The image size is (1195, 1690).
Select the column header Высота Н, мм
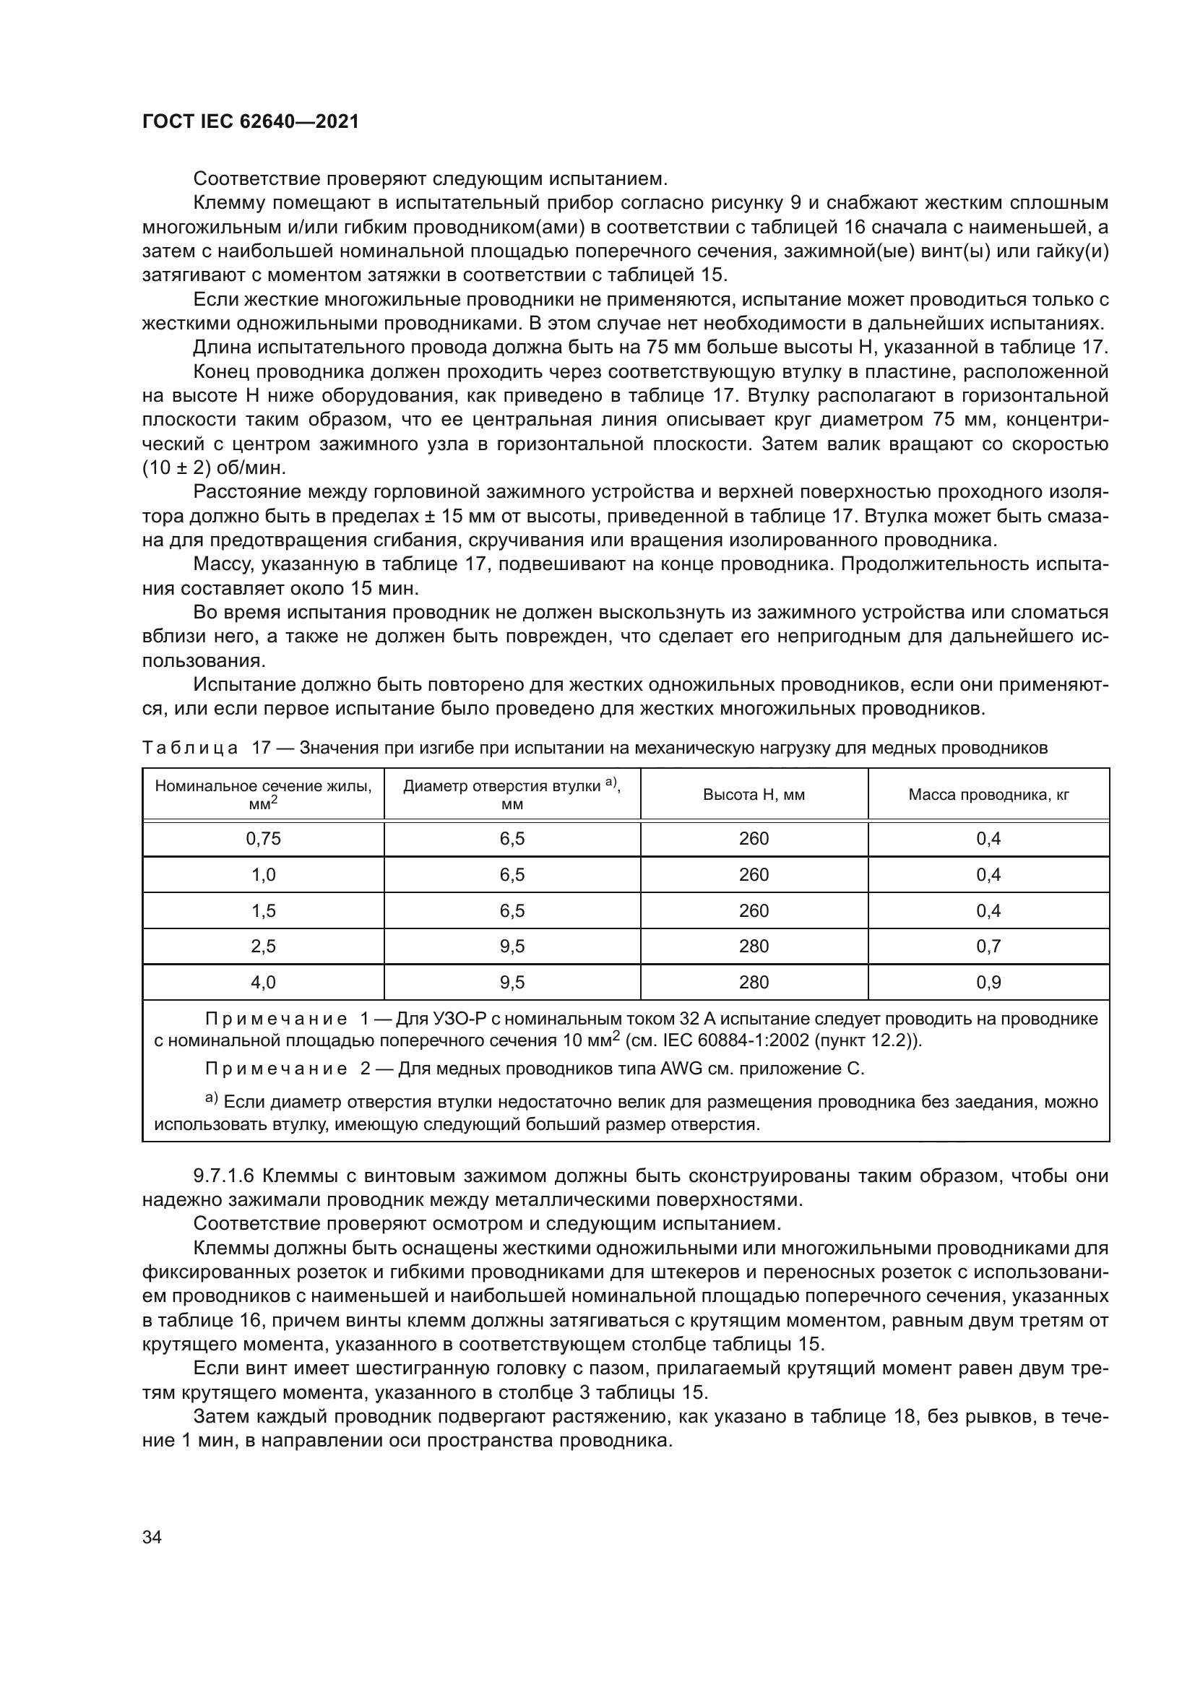(x=754, y=794)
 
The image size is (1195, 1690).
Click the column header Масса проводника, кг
(x=988, y=794)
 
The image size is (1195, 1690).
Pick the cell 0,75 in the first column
(x=263, y=838)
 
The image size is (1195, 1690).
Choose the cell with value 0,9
(x=988, y=982)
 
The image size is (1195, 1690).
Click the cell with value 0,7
(x=988, y=946)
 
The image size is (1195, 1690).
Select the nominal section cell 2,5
(x=263, y=946)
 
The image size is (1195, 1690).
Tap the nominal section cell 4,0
(x=263, y=982)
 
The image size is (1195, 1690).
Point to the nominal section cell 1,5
(x=263, y=910)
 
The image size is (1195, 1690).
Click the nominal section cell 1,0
(x=263, y=874)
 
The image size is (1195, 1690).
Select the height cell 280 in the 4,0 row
(x=754, y=982)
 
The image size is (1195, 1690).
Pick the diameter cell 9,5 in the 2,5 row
(x=512, y=946)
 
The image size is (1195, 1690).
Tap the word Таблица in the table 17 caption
(x=190, y=749)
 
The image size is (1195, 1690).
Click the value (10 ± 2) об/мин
(x=213, y=468)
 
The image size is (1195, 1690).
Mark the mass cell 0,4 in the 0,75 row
(x=988, y=838)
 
